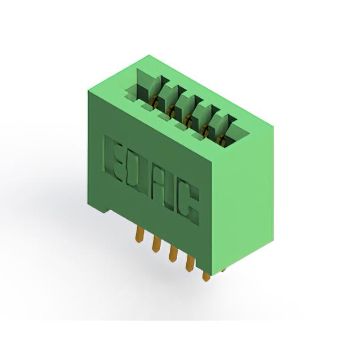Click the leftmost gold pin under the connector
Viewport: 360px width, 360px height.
(x=139, y=234)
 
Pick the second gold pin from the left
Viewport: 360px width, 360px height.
(x=156, y=244)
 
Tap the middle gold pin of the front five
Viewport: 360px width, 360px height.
(x=173, y=254)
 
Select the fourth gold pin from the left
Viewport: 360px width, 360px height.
(x=190, y=263)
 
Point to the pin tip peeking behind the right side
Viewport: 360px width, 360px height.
(x=223, y=271)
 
